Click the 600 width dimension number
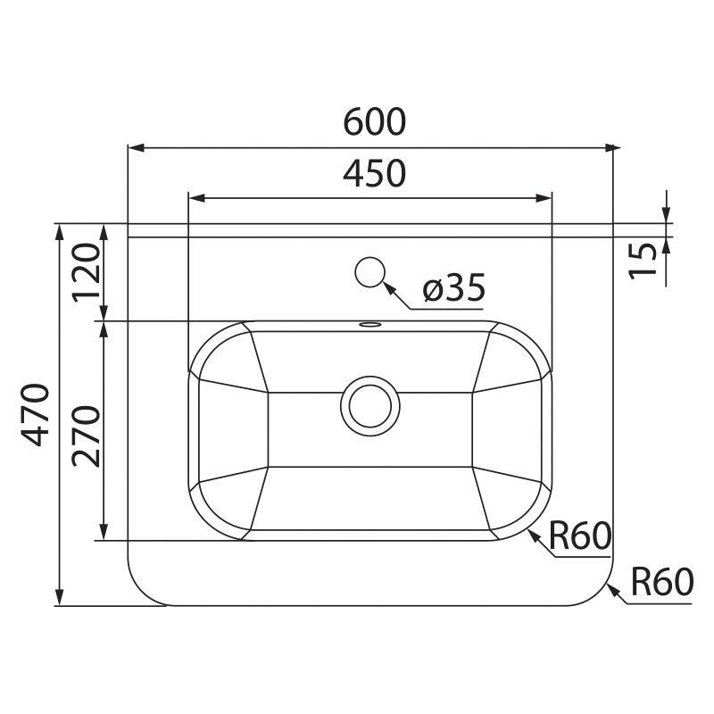pos(375,122)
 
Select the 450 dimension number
pos(375,173)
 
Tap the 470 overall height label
pos(37,414)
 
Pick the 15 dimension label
pos(643,260)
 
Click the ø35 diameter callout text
pos(453,288)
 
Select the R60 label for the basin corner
pos(579,536)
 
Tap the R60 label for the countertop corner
pos(661,583)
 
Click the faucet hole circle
pos(369,271)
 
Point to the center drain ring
pos(369,404)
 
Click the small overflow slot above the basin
pos(369,324)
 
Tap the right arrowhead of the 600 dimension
pos(612,147)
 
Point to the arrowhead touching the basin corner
pos(533,533)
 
